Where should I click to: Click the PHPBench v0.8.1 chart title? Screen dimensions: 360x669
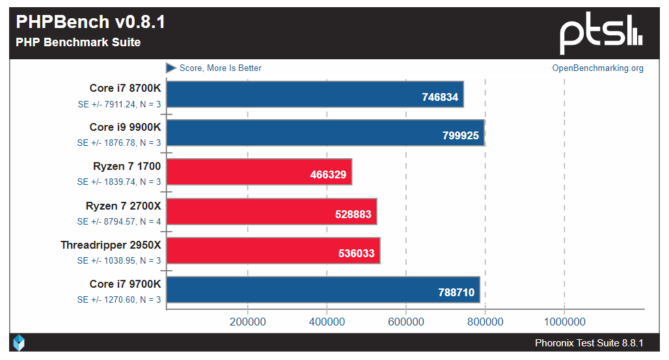pos(90,22)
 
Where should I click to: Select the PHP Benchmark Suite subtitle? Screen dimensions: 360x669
pos(78,43)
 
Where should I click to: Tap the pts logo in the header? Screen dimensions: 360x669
pos(601,33)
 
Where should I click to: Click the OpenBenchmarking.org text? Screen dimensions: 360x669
pos(597,68)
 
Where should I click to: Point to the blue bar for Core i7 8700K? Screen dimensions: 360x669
pos(315,94)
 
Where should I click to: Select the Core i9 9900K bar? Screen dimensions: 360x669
pos(325,133)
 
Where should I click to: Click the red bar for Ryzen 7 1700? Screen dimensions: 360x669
pos(260,173)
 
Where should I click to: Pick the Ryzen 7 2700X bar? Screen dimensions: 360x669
pos(272,212)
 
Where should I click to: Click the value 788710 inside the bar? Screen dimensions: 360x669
pos(456,292)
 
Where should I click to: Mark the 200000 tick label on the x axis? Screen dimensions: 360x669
pos(247,322)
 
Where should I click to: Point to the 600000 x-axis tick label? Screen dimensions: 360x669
pos(406,322)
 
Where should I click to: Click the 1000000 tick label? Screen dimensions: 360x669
pos(564,322)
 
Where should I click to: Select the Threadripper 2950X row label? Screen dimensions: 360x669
pos(111,245)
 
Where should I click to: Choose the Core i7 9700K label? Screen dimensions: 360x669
pos(125,284)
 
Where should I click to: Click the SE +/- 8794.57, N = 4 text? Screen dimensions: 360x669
pos(119,221)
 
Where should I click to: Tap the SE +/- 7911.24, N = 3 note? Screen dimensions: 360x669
pos(119,104)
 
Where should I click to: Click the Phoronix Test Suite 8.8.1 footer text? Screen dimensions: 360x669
pos(589,343)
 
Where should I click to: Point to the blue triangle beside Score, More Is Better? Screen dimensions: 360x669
pos(171,68)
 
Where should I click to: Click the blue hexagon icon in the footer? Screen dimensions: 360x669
pos(20,343)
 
